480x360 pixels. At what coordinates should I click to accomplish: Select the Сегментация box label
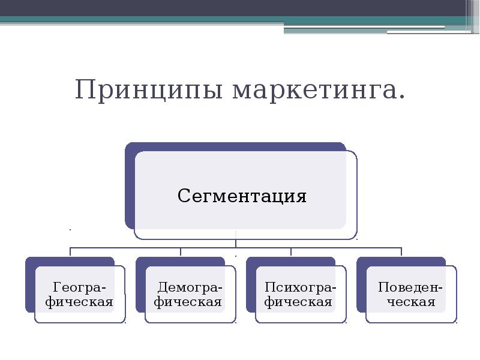click(x=242, y=196)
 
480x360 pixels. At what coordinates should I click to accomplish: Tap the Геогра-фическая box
click(x=80, y=294)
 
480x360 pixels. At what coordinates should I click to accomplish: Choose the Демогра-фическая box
click(x=190, y=294)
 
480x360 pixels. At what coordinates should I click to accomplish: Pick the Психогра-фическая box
click(x=301, y=294)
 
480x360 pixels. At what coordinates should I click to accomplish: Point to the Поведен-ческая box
click(x=411, y=294)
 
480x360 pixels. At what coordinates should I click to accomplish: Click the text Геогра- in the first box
click(x=80, y=287)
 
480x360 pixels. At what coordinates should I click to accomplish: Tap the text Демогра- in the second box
click(x=190, y=287)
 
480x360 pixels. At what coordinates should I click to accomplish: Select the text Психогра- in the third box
click(x=301, y=287)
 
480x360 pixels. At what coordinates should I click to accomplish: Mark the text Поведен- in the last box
click(x=411, y=287)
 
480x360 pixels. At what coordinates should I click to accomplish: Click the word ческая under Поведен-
click(x=411, y=301)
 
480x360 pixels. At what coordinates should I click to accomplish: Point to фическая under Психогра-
click(x=301, y=301)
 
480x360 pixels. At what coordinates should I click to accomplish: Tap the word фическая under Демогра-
click(x=190, y=301)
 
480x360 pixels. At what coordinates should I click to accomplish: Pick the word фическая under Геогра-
click(x=80, y=301)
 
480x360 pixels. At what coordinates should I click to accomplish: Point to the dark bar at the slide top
click(x=240, y=8)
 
